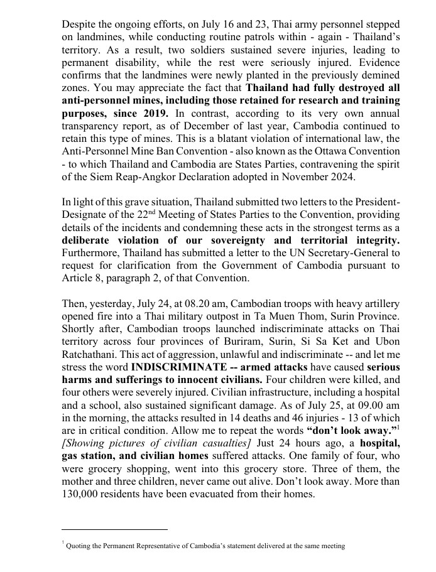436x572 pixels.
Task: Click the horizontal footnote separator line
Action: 115,529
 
